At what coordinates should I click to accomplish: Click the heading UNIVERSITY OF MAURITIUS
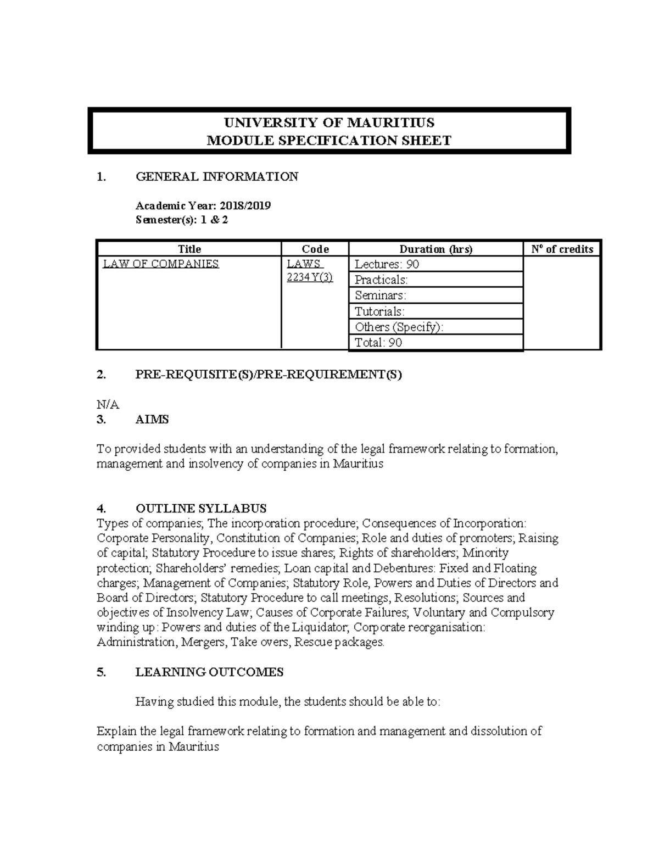[x=328, y=122]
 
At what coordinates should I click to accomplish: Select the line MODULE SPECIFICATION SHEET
[x=328, y=141]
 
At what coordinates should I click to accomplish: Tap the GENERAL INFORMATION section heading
[x=216, y=177]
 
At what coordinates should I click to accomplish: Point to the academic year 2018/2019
[x=245, y=206]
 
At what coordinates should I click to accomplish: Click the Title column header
[x=189, y=249]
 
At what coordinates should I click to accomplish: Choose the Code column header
[x=315, y=249]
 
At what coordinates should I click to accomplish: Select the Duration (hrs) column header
[x=435, y=249]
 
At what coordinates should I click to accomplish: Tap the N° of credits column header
[x=562, y=249]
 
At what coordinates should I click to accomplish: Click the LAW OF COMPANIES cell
[x=161, y=264]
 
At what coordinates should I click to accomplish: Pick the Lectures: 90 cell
[x=387, y=265]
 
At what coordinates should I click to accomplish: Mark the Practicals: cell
[x=381, y=280]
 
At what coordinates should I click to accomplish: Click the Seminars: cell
[x=380, y=296]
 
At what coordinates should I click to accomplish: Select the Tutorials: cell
[x=379, y=311]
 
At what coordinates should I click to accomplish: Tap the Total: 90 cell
[x=378, y=343]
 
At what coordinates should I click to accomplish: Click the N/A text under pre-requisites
[x=108, y=405]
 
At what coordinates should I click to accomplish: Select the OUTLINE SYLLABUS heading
[x=201, y=508]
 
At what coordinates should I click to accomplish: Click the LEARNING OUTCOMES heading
[x=209, y=672]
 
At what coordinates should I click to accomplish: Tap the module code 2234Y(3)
[x=310, y=277]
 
